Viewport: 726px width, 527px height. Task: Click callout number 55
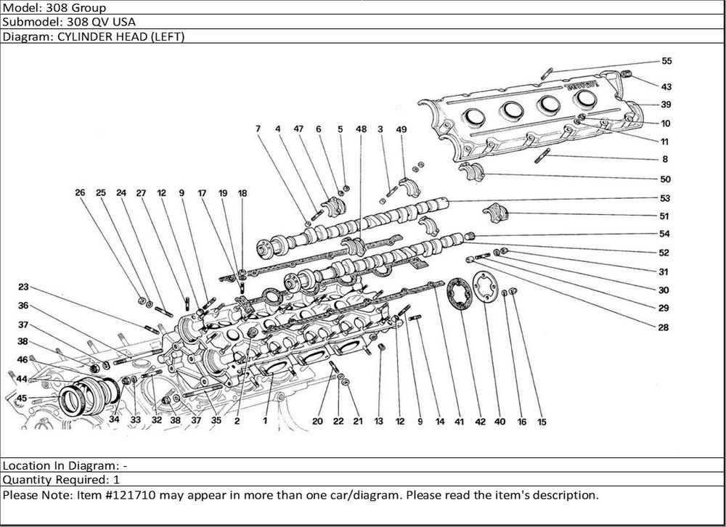click(x=666, y=61)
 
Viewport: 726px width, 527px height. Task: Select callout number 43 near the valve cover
click(x=666, y=87)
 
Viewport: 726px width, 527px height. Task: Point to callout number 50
click(x=665, y=179)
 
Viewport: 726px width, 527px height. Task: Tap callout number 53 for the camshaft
click(x=665, y=198)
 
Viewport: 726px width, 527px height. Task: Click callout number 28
click(x=663, y=327)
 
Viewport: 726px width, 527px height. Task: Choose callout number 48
click(x=361, y=129)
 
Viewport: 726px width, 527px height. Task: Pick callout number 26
click(x=80, y=193)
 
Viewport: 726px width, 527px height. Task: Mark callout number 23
click(x=24, y=287)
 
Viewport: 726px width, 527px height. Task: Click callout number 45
click(x=22, y=398)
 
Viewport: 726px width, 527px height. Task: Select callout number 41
click(x=459, y=422)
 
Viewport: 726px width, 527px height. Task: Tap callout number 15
click(x=542, y=422)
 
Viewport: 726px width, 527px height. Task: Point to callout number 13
click(x=379, y=422)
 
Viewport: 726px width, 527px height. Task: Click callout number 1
click(x=266, y=420)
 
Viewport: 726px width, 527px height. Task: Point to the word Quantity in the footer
click(x=26, y=480)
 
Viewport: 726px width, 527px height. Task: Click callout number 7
click(x=257, y=129)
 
